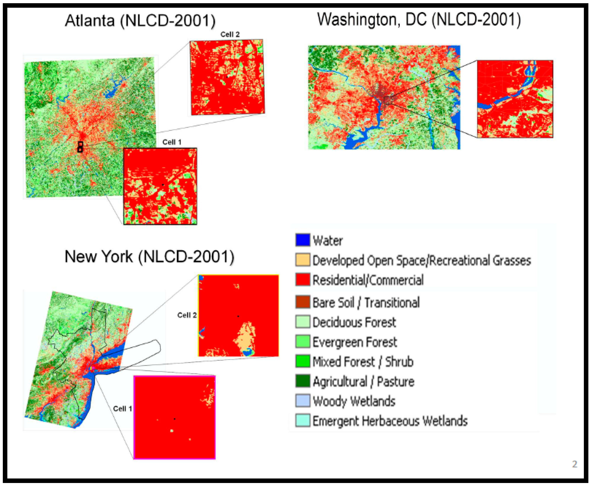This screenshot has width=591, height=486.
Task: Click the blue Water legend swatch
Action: [x=303, y=240]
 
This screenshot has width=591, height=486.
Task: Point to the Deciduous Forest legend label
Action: [x=354, y=322]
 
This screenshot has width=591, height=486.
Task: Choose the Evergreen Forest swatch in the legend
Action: [x=303, y=342]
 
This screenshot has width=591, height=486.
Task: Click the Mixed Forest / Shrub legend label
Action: [x=363, y=362]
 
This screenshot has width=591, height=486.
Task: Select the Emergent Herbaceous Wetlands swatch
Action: [x=303, y=421]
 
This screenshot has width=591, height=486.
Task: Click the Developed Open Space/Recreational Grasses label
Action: [x=421, y=260]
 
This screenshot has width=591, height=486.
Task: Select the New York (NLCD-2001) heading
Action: [x=149, y=256]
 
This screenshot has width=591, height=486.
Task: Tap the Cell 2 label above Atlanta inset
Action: [x=230, y=34]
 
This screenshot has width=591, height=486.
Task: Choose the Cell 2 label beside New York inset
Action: [x=187, y=315]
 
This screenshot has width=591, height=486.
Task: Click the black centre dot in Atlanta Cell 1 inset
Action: [x=163, y=185]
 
